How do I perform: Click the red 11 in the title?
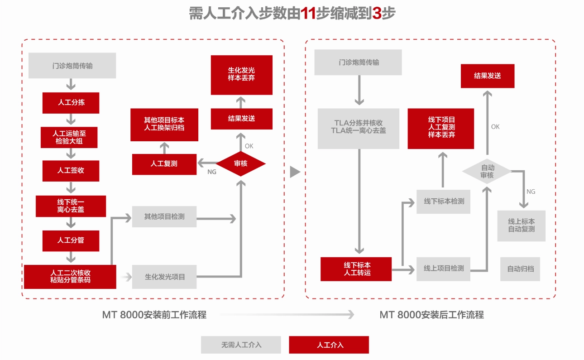pos(308,14)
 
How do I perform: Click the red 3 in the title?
pos(377,14)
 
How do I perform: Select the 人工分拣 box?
pos(71,103)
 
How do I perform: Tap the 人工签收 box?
pos(71,171)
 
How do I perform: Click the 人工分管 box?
pos(71,240)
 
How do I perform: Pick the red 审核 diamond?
pos(241,163)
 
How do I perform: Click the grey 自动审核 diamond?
pos(487,171)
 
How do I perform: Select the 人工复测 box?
pos(164,164)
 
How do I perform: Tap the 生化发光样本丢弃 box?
pos(241,75)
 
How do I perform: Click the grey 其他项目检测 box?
pos(164,216)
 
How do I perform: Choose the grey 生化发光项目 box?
pos(164,277)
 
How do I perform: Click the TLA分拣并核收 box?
pos(359,128)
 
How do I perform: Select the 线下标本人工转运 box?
pos(356,269)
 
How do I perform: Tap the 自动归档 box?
pos(520,269)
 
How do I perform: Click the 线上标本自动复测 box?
pos(521,226)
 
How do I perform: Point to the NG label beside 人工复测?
pos(212,172)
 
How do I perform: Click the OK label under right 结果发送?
pos(495,127)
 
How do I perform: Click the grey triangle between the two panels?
pos(295,172)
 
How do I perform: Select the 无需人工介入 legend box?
pos(241,345)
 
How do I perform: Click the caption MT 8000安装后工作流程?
pos(431,315)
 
